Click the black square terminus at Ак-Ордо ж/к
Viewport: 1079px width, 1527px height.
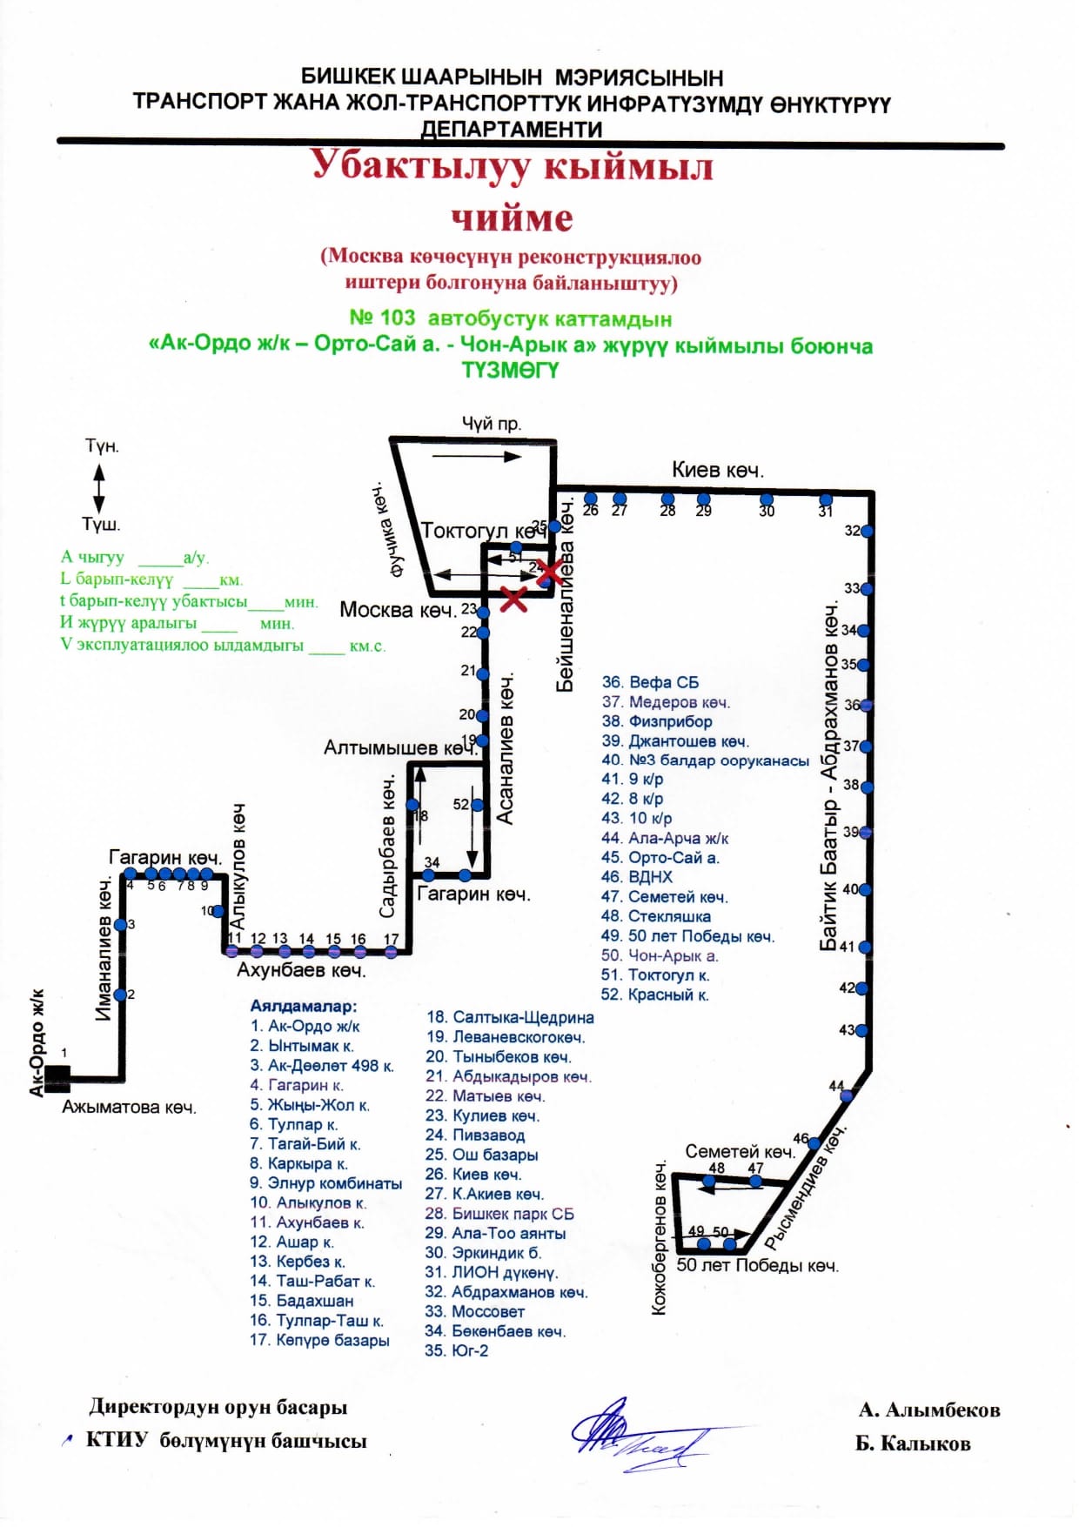[57, 1079]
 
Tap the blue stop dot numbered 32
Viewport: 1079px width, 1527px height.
[867, 531]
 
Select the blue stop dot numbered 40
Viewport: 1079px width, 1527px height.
[867, 889]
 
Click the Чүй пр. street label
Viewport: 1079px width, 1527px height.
[491, 424]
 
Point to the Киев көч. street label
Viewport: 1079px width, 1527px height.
[717, 471]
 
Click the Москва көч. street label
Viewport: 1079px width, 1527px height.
[398, 610]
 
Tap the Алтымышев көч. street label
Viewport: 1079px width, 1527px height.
[399, 748]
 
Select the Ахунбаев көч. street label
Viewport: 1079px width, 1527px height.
[301, 969]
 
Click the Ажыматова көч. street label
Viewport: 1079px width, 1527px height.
[129, 1108]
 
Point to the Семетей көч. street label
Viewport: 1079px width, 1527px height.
[740, 1151]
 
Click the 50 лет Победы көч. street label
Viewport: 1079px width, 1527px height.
[757, 1265]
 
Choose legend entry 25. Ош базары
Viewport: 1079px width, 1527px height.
[482, 1155]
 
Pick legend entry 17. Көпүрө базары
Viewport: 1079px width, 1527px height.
[319, 1340]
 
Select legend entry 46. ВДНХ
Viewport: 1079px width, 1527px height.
[637, 877]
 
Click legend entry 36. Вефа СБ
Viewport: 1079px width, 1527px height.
[650, 682]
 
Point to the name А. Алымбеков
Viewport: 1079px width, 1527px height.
[928, 1410]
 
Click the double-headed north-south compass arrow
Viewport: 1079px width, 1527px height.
[98, 488]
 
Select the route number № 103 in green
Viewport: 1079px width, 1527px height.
[382, 318]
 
